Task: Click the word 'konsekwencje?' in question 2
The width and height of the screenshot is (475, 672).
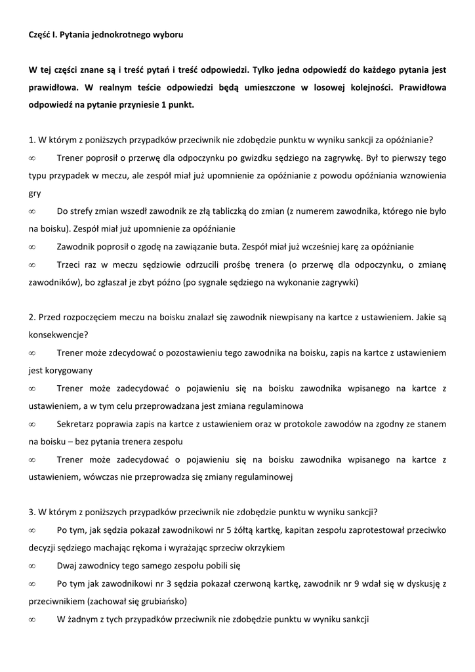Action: pos(56,335)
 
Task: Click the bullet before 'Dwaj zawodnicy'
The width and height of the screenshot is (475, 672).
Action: pos(32,565)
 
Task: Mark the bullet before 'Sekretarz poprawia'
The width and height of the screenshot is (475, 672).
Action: pos(32,423)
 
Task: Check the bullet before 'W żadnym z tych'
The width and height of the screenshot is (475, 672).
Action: pos(32,618)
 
